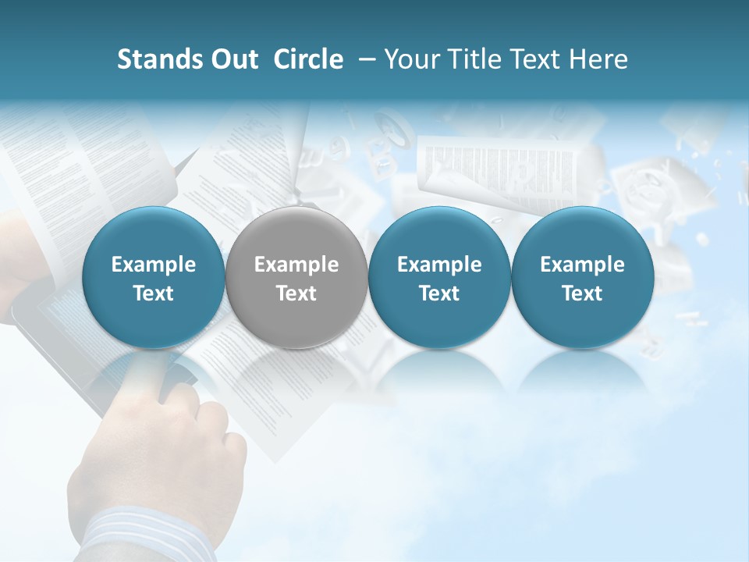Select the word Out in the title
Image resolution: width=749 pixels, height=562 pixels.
(x=233, y=59)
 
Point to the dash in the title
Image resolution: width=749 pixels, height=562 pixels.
(x=365, y=59)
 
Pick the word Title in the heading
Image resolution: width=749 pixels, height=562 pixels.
(x=477, y=59)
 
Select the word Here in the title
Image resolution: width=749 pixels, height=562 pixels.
(x=600, y=59)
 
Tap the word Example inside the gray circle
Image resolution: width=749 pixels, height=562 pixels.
(x=296, y=265)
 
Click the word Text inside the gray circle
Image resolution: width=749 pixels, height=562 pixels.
(x=296, y=293)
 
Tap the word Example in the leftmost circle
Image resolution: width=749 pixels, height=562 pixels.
(x=154, y=265)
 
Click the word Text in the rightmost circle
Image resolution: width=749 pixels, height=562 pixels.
(x=582, y=293)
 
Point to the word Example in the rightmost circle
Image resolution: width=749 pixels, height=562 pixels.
(x=582, y=265)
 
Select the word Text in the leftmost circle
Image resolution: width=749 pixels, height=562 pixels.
(x=154, y=293)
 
